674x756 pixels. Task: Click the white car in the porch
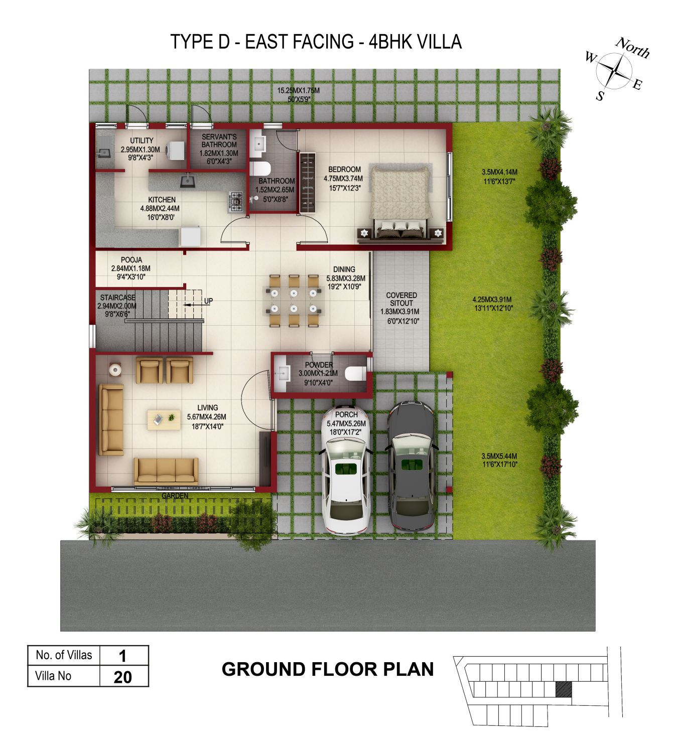(346, 470)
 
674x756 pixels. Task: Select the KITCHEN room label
(162, 200)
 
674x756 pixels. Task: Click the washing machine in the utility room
(175, 150)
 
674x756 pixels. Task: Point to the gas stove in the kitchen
(235, 202)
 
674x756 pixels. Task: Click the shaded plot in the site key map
(564, 689)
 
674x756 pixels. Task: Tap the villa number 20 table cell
(123, 677)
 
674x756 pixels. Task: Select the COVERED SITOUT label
(401, 299)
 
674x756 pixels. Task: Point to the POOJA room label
(131, 260)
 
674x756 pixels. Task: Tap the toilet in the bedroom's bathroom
(260, 168)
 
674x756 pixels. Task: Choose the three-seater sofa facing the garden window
(166, 471)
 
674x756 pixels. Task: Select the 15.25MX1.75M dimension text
(298, 90)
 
